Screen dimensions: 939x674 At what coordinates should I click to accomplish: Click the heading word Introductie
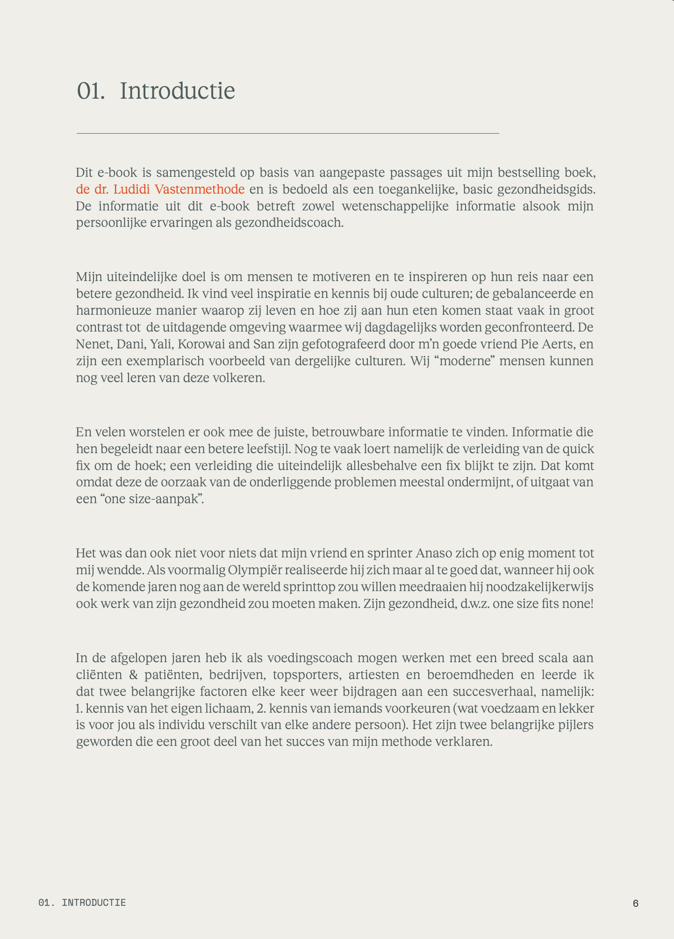pyautogui.click(x=177, y=91)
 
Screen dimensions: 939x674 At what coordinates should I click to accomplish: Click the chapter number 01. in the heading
pyautogui.click(x=91, y=91)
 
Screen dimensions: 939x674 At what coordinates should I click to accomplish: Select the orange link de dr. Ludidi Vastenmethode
pyautogui.click(x=160, y=189)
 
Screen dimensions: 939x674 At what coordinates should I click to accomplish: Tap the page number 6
pyautogui.click(x=635, y=903)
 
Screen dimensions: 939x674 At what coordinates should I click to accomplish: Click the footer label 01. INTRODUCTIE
pyautogui.click(x=82, y=903)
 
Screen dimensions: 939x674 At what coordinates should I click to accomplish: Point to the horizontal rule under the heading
pyautogui.click(x=287, y=134)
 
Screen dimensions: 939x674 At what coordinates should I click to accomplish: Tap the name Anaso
pyautogui.click(x=434, y=553)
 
